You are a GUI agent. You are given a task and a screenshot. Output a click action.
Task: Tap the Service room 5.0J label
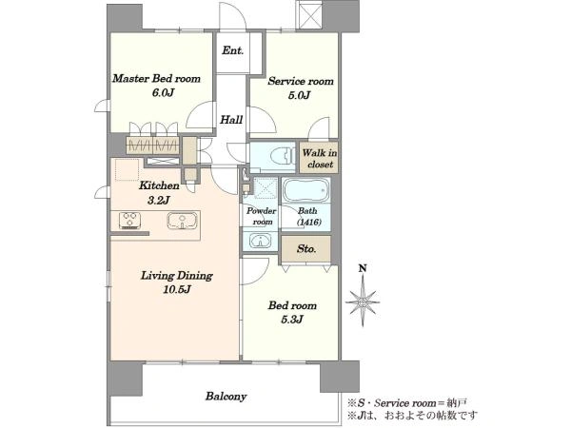coord(301,88)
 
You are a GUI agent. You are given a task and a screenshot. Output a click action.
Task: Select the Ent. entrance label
coord(233,50)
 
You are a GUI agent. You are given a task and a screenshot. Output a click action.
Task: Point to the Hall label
coord(231,120)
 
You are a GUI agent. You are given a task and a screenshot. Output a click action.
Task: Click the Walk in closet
coord(320,158)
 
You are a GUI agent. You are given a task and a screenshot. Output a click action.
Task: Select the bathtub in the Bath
coord(306,190)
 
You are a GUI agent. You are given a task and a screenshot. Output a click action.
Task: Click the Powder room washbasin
coord(260,241)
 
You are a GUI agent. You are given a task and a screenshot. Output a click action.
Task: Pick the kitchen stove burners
coord(130,221)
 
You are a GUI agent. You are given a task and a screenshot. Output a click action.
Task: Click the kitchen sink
coord(182,221)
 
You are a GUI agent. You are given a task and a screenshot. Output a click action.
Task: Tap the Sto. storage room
coord(305,249)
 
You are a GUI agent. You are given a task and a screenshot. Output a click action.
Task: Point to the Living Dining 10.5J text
coord(177,282)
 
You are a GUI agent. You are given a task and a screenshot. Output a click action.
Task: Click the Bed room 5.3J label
coord(292,312)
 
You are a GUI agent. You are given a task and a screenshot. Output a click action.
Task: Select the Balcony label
coord(226,396)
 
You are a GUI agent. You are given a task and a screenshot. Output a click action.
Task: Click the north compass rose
coord(363,302)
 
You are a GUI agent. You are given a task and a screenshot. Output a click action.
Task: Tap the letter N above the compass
coord(363,269)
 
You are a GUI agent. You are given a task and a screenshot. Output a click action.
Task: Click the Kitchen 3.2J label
coord(159,192)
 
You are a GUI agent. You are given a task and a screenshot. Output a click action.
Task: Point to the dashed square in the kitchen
coord(128,169)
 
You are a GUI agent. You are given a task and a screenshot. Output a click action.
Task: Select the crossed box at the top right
coord(310,14)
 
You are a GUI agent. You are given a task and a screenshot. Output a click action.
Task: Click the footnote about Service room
coord(407,403)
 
